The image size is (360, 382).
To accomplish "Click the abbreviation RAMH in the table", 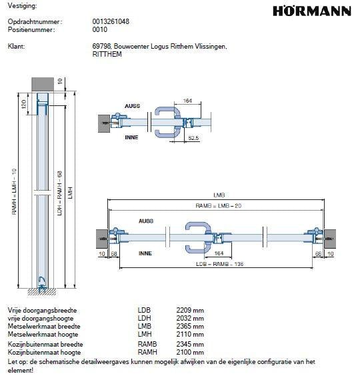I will (147, 351).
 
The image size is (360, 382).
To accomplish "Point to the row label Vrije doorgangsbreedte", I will (42, 311).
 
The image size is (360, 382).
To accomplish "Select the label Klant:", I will (15, 47).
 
